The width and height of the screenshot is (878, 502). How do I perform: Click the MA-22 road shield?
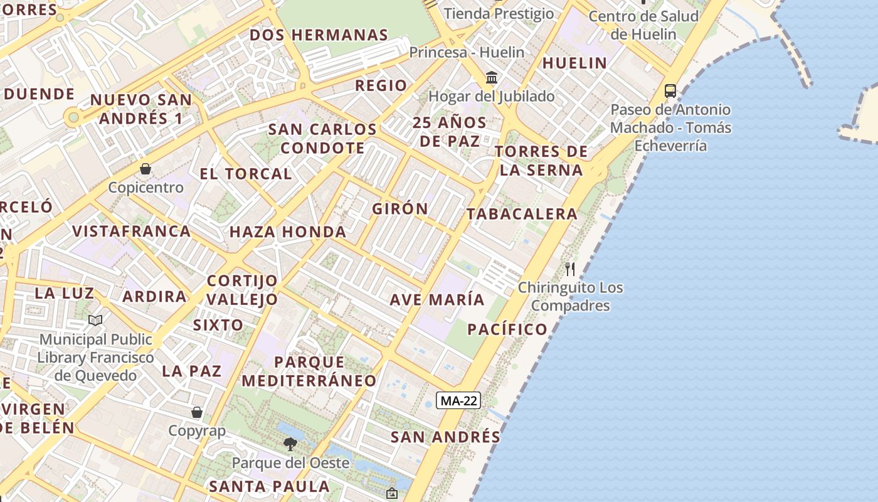tap(458, 400)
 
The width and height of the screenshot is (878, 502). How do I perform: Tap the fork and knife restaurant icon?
tap(570, 269)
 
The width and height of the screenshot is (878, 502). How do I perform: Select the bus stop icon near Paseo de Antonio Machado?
tap(670, 91)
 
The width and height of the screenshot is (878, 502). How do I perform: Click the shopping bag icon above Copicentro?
tap(145, 169)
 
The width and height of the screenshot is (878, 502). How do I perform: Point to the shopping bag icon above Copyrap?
tap(197, 412)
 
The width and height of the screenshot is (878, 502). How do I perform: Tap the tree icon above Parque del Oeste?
tap(290, 444)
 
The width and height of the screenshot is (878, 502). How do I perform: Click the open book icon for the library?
tap(95, 320)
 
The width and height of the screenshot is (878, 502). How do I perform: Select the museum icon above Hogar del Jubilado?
tap(492, 78)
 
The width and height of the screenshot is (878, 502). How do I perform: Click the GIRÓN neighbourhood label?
tap(400, 209)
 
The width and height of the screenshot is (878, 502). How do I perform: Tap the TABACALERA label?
tap(522, 214)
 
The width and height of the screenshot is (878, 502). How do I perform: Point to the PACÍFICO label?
tap(507, 329)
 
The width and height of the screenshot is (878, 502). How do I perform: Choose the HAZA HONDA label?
tap(288, 232)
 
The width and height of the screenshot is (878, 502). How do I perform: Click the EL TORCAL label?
tap(246, 174)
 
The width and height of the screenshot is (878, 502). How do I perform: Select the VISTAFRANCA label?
tap(132, 232)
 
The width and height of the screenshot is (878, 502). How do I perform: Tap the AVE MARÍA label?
tap(437, 300)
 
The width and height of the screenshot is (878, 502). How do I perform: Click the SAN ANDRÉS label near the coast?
tap(445, 437)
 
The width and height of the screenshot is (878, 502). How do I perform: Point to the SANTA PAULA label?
tap(269, 486)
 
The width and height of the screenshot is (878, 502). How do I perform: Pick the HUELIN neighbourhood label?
tap(574, 63)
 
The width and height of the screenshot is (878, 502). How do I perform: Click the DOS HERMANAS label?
tap(319, 35)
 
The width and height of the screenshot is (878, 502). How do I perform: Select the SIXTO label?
tap(218, 325)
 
